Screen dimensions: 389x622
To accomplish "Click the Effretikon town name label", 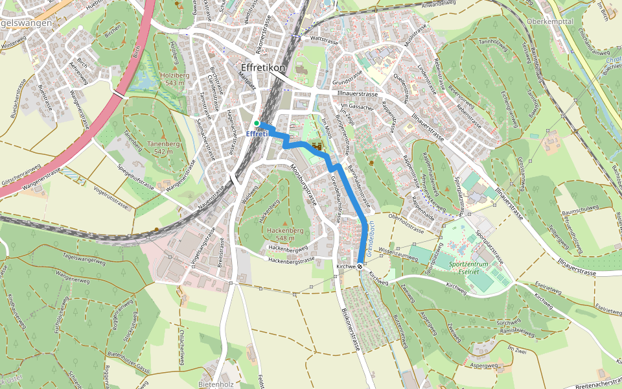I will click(x=262, y=67).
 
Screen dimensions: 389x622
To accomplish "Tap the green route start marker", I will click(x=257, y=123).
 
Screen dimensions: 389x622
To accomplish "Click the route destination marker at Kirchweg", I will click(x=360, y=266).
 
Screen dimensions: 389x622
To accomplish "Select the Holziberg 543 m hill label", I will click(x=172, y=79).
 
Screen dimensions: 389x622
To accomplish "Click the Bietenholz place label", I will click(x=216, y=384).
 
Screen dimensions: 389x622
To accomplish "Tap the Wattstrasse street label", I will click(x=325, y=40).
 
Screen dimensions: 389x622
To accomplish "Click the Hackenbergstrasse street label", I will click(x=292, y=259).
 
